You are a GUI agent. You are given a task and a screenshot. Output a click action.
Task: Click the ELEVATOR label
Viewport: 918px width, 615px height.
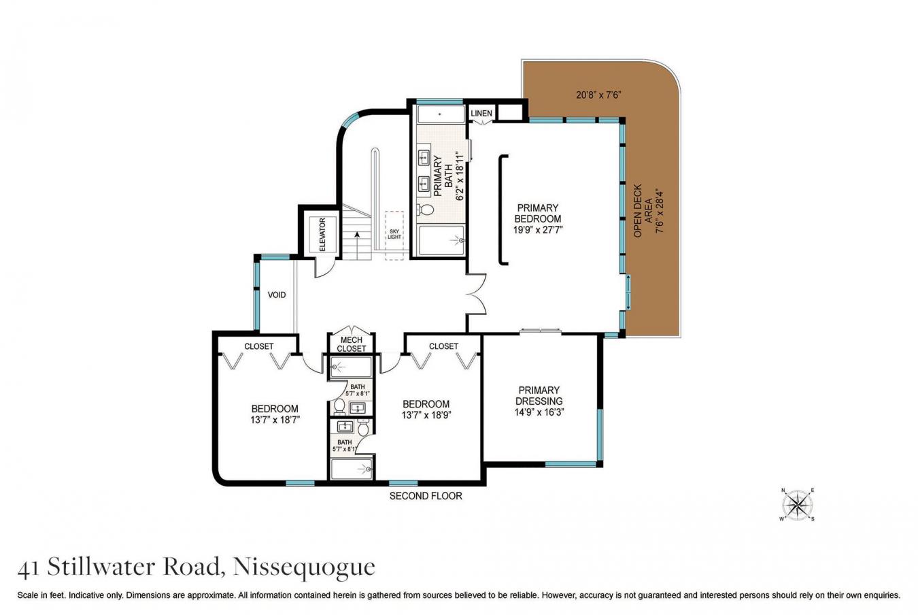[x=322, y=235]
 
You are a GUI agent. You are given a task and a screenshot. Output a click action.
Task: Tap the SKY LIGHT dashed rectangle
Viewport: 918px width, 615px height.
[x=394, y=235]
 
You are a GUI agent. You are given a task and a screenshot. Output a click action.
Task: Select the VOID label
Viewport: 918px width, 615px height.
[x=277, y=295]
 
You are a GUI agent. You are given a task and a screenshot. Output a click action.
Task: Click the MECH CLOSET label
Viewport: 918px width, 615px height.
[x=351, y=344]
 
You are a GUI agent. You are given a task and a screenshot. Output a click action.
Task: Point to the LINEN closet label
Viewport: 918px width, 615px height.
[x=481, y=113]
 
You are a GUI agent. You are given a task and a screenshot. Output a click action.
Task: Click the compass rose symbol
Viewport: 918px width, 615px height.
[x=798, y=505]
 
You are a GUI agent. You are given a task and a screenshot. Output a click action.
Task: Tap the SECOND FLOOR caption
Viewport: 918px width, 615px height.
[x=426, y=496]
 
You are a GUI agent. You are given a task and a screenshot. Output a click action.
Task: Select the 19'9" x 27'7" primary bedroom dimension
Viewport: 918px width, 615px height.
[x=538, y=230]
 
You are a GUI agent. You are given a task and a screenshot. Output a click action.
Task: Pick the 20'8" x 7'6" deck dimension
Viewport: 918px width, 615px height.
[x=595, y=95]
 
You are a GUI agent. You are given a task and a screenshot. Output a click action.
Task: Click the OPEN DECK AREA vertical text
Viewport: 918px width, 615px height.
[x=643, y=210]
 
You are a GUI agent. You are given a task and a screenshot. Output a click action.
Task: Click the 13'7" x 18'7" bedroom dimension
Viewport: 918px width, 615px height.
[x=275, y=420]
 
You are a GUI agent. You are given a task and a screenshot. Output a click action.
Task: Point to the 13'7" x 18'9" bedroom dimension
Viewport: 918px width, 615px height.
[x=426, y=414]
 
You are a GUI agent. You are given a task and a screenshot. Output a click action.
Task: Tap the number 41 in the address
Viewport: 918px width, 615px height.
[x=27, y=567]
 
